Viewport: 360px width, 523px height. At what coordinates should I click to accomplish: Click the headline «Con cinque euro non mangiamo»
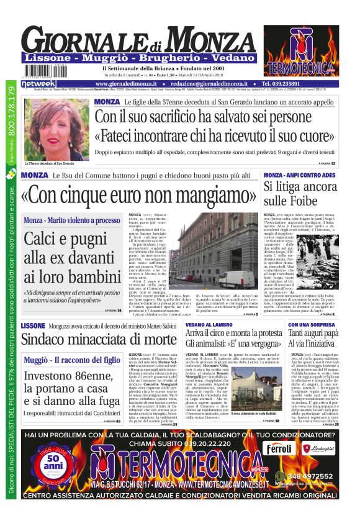(132, 194)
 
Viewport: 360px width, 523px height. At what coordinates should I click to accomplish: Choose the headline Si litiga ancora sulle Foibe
(300, 193)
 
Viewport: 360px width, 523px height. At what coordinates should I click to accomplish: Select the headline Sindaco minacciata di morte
(99, 339)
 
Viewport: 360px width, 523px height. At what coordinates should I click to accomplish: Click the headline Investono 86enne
(72, 383)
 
